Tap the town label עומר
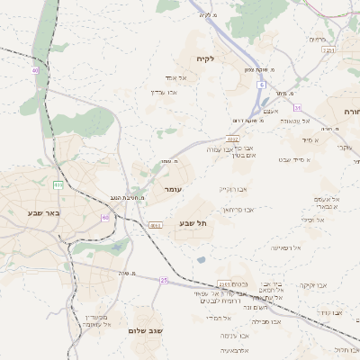pos(173,190)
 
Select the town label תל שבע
pos(193,222)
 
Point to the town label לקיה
pos(206,58)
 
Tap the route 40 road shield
pos(35,69)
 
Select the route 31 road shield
pos(297,108)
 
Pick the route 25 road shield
pos(164,280)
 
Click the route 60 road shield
pos(105,217)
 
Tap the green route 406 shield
pos(58,184)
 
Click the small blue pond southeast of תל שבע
pos(200,260)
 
